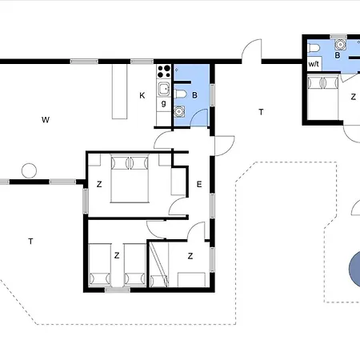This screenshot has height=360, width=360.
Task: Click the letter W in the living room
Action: (x=46, y=120)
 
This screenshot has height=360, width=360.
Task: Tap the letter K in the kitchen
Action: (x=142, y=95)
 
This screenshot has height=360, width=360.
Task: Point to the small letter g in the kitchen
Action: (x=163, y=102)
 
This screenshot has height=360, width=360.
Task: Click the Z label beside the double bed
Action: (x=99, y=184)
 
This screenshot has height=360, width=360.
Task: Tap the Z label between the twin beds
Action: (x=117, y=256)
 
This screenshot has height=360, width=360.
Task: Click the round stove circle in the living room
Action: (x=30, y=170)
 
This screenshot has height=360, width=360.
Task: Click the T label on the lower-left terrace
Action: (x=30, y=241)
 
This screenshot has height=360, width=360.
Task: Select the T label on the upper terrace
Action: (x=261, y=112)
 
